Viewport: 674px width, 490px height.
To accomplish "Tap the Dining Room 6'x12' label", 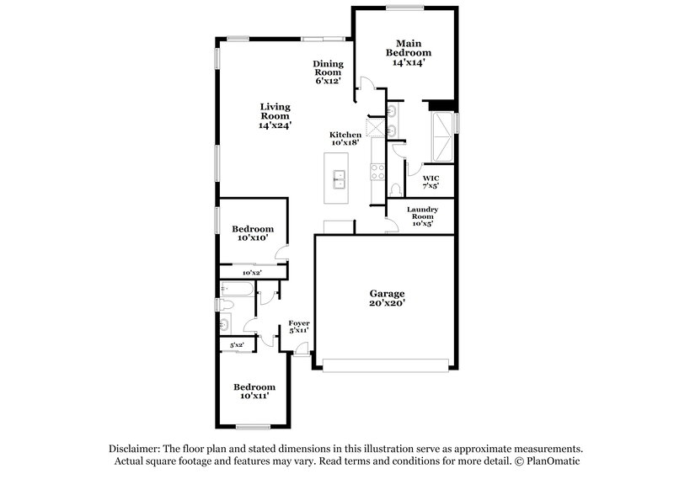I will point(327,72).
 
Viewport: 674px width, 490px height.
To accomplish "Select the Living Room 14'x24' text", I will point(275,115).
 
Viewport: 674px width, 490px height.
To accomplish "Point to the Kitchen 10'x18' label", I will point(345,139).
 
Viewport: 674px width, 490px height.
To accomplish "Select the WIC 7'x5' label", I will point(431,181).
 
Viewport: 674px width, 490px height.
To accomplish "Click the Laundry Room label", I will point(420,216).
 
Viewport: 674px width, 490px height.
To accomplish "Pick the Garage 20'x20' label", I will point(388,299).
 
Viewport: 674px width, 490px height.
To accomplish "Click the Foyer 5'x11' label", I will point(299,327).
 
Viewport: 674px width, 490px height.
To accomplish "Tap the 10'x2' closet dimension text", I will point(252,273).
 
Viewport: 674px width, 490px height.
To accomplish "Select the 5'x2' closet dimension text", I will point(237,345).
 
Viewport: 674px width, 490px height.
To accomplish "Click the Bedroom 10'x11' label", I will point(254,391).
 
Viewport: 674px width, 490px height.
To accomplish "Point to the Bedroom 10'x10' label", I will point(253,233).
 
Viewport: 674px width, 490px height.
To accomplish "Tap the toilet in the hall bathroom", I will point(223,305).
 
